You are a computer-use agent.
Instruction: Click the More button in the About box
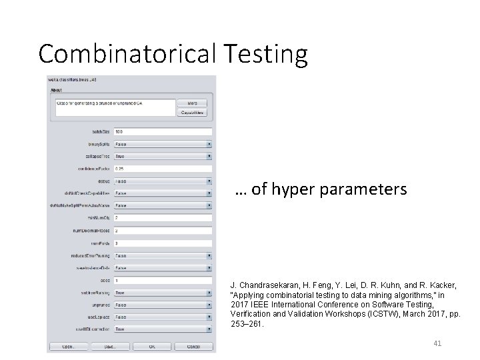[192, 103]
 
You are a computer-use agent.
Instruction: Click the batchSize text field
[163, 131]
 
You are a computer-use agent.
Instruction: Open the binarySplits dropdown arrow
[209, 144]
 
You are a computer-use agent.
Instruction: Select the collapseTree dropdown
[163, 156]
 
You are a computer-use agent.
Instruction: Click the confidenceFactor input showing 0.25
[163, 169]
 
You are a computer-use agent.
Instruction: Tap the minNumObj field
[163, 218]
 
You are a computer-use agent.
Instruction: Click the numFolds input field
[163, 243]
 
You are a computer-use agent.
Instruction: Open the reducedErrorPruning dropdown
[163, 255]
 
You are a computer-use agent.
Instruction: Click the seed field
[163, 280]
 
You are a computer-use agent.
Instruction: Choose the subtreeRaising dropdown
[163, 292]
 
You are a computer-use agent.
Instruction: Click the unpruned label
[100, 305]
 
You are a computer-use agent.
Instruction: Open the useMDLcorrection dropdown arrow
[209, 329]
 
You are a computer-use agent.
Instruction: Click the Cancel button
[193, 347]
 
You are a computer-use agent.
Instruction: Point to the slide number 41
[437, 343]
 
